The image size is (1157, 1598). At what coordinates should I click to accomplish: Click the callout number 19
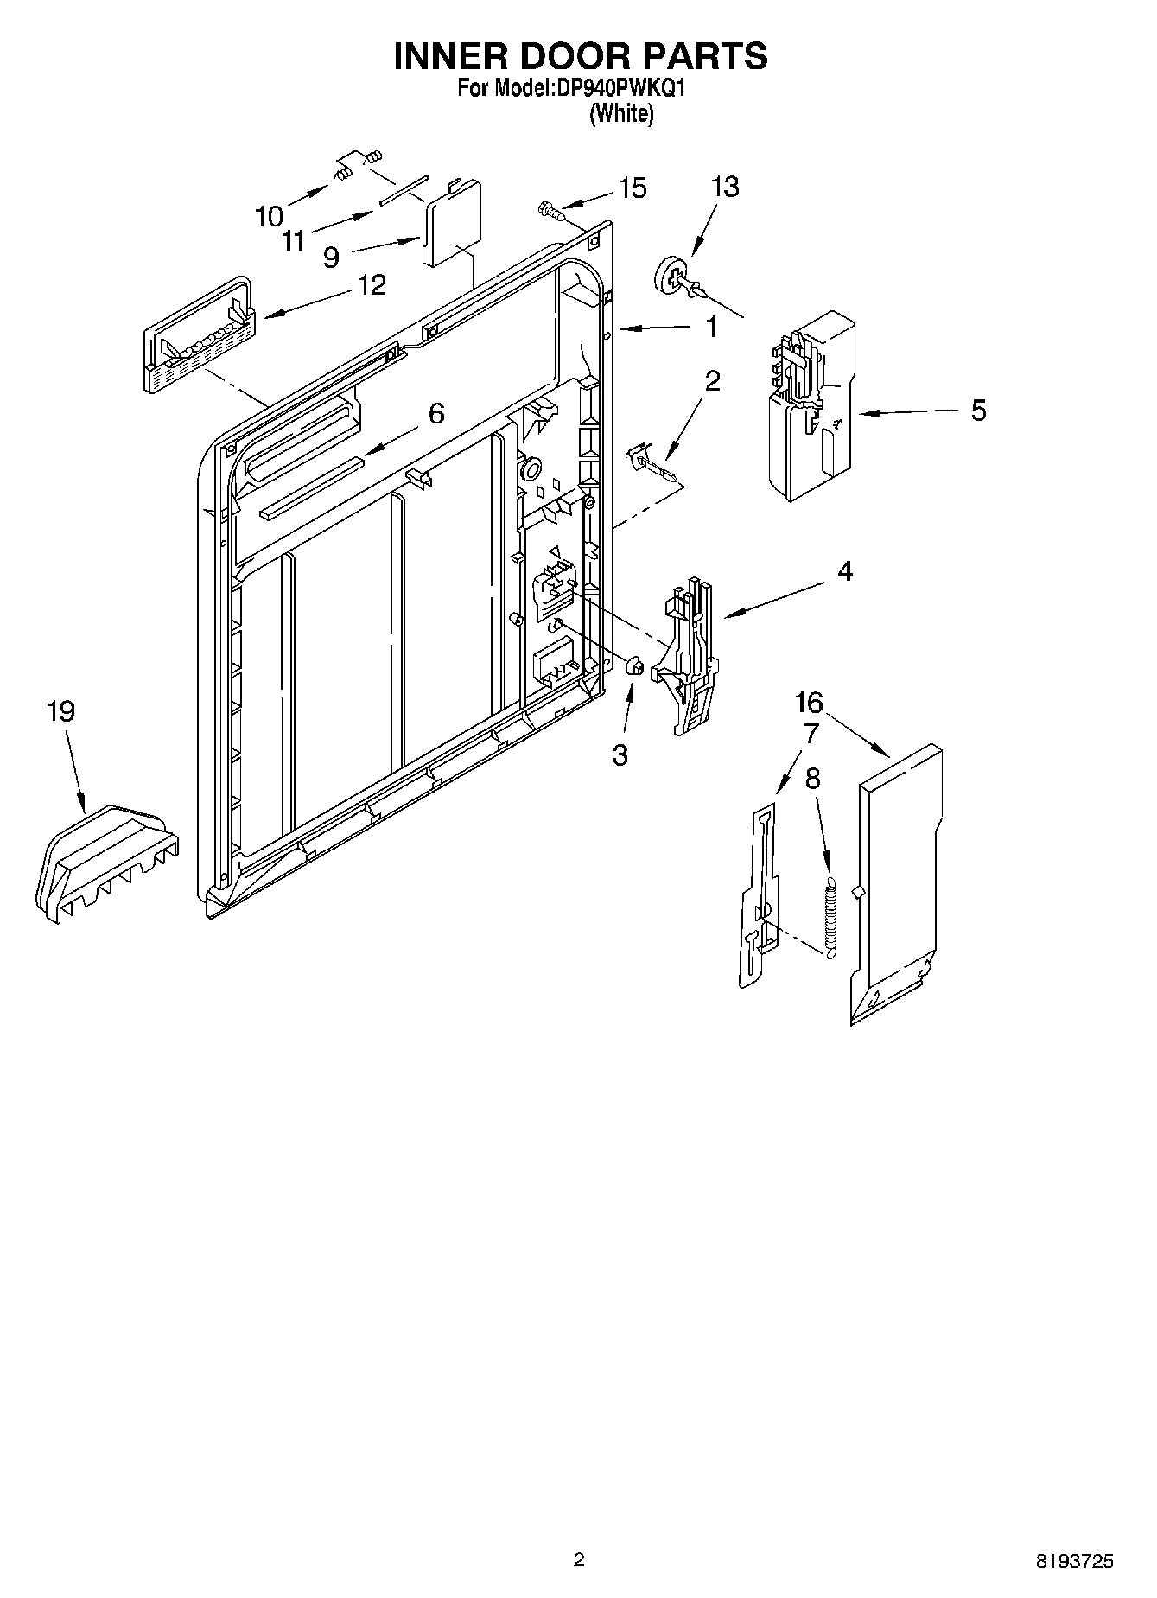61,712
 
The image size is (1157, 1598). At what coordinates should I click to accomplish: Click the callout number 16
810,702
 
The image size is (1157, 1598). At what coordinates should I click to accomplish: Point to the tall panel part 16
899,882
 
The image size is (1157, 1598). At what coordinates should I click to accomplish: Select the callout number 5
977,411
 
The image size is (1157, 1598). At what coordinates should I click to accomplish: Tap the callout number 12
372,284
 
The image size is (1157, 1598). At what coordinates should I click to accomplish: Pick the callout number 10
270,216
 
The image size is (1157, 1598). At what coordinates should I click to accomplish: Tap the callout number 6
436,414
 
